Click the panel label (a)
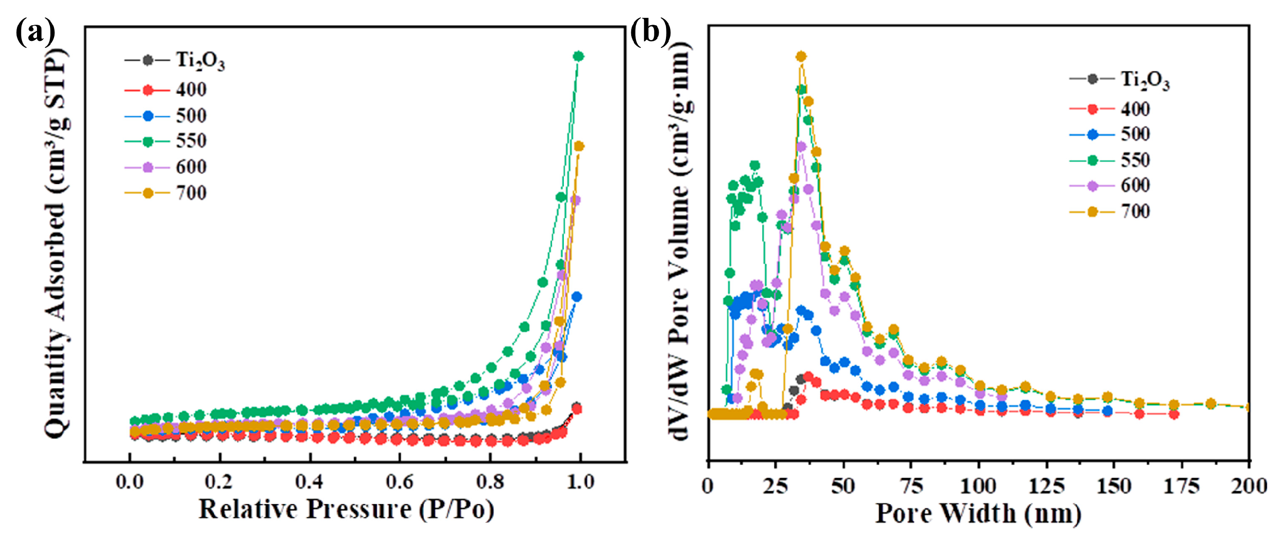click(x=35, y=33)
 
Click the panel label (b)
click(x=650, y=33)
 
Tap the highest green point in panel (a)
click(x=578, y=56)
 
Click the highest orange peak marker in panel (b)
click(x=801, y=57)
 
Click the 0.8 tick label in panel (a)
click(x=490, y=481)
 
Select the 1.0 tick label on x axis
click(x=580, y=481)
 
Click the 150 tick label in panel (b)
click(x=1114, y=485)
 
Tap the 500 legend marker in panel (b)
click(x=1092, y=135)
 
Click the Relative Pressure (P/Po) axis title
click(x=347, y=510)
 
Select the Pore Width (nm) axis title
click(x=978, y=514)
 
